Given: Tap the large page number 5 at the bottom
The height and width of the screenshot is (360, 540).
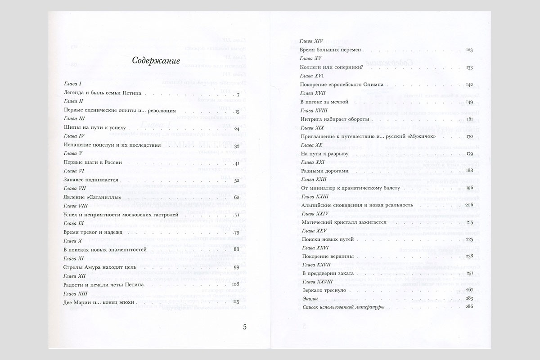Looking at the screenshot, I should [x=244, y=327].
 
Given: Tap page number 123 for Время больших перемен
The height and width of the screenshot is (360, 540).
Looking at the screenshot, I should [x=469, y=49].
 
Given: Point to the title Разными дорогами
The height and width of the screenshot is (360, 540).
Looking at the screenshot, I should [x=324, y=171].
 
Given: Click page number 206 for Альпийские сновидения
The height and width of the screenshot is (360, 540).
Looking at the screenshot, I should [x=468, y=205].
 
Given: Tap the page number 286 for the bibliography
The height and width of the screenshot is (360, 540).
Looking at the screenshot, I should [x=468, y=307].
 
